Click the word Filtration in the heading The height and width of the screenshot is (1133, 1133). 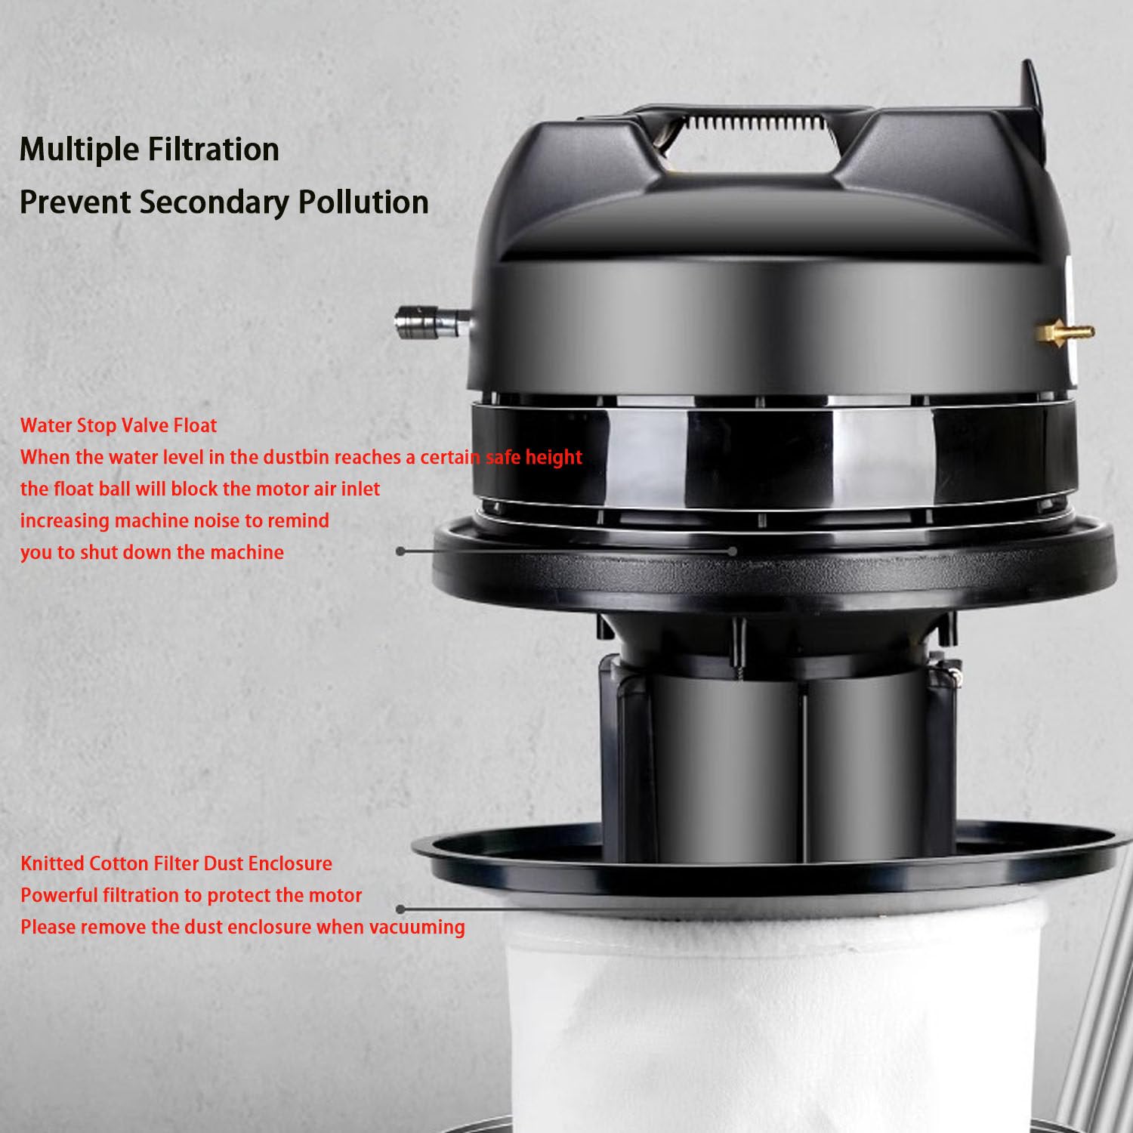pos(214,150)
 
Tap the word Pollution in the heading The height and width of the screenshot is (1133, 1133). pos(363,202)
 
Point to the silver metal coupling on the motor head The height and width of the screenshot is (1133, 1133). pos(431,322)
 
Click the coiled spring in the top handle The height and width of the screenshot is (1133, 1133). pos(755,122)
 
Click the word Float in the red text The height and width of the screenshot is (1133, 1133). pos(195,425)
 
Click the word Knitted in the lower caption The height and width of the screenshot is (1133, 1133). pos(52,863)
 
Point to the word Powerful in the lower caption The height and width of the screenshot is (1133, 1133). pos(59,895)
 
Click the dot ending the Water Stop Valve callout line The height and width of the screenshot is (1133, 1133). pos(732,551)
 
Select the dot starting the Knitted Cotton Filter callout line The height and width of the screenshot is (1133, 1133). pos(401,909)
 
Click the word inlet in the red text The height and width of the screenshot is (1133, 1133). pos(360,489)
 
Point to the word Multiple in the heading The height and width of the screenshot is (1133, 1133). pos(80,150)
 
